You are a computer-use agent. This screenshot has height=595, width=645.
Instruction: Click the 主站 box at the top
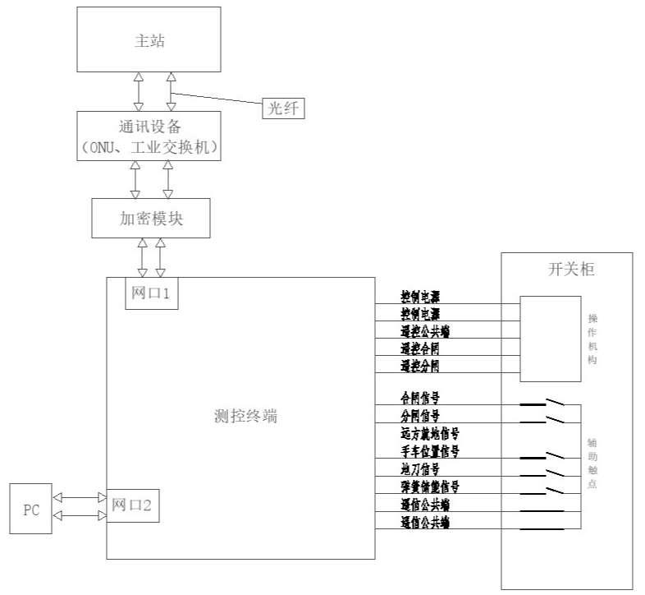[x=149, y=39]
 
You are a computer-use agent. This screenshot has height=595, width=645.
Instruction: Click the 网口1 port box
[x=151, y=293]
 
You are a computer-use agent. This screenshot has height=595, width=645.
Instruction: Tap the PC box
[x=31, y=510]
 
